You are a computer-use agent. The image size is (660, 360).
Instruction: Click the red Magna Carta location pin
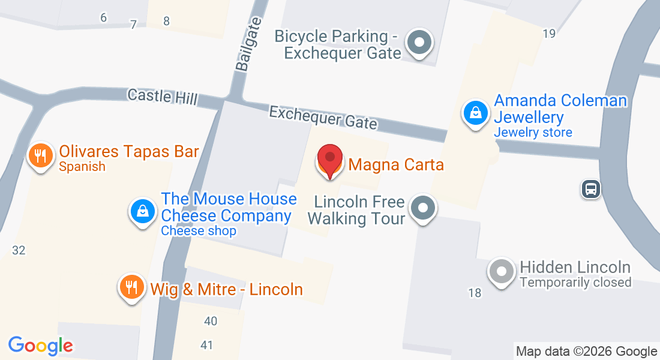[x=329, y=159]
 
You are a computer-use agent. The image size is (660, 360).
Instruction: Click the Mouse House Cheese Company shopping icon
[x=143, y=211]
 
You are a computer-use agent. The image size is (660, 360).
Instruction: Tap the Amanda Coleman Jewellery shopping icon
[x=475, y=112]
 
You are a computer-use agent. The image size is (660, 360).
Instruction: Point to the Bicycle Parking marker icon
[x=419, y=43]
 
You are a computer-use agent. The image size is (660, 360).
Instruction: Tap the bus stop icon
[x=591, y=190]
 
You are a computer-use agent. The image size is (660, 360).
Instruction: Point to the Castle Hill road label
[x=162, y=97]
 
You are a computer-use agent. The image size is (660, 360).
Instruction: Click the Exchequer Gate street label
[x=323, y=118]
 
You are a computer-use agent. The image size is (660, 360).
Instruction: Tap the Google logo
[x=40, y=346]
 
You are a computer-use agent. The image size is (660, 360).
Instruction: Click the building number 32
[x=19, y=250]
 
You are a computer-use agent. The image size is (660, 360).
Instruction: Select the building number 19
[x=549, y=34]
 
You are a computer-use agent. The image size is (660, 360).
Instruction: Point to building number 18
[x=475, y=293]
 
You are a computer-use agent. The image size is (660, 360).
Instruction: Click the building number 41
[x=207, y=345]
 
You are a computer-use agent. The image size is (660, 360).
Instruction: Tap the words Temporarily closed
[x=575, y=282]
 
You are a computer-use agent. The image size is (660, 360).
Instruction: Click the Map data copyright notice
[x=587, y=352]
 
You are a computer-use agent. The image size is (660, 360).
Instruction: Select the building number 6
[x=103, y=17]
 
